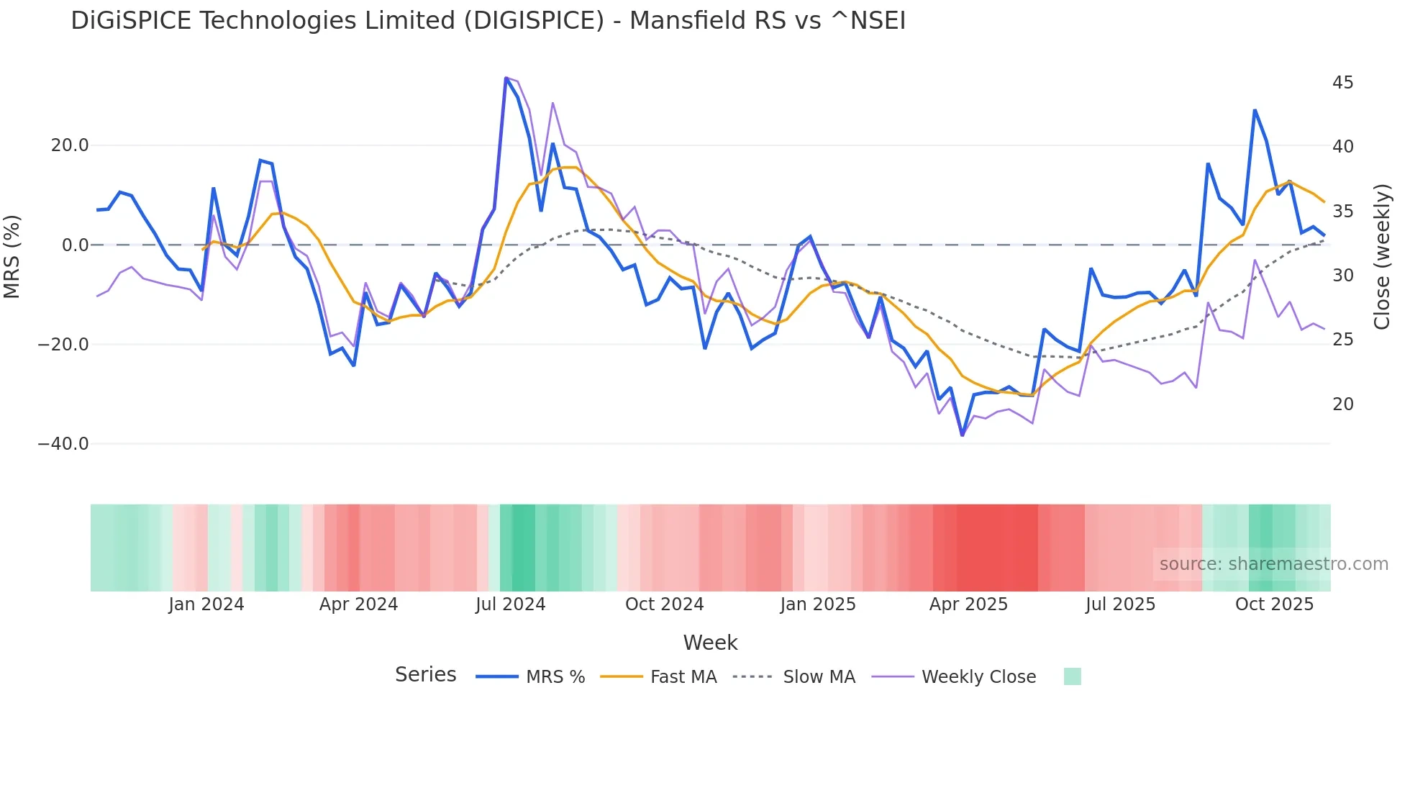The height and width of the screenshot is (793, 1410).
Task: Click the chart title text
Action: click(x=488, y=21)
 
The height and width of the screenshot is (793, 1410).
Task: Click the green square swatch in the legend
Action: click(x=1072, y=676)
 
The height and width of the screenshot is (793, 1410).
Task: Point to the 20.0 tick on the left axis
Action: click(x=70, y=145)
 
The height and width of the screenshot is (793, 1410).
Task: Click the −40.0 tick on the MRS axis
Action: click(x=63, y=444)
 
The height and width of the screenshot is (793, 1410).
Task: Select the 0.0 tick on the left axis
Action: click(x=76, y=245)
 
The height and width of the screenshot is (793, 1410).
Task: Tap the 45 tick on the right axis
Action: click(x=1342, y=83)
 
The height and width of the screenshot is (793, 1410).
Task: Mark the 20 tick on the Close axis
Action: click(x=1342, y=404)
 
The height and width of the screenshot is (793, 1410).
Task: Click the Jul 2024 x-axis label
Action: click(x=510, y=604)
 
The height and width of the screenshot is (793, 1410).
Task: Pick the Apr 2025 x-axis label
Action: click(x=968, y=604)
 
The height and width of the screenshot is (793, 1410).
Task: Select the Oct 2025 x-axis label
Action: click(x=1274, y=604)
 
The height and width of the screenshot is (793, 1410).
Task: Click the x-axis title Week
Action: click(x=710, y=643)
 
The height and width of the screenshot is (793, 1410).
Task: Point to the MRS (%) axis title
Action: click(x=12, y=256)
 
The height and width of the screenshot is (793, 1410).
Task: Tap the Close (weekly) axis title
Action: click(x=1382, y=256)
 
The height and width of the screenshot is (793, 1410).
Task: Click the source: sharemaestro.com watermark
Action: click(x=1273, y=564)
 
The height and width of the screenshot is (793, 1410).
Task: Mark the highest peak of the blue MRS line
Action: click(x=506, y=78)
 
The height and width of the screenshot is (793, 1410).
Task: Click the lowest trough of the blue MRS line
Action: click(x=962, y=435)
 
